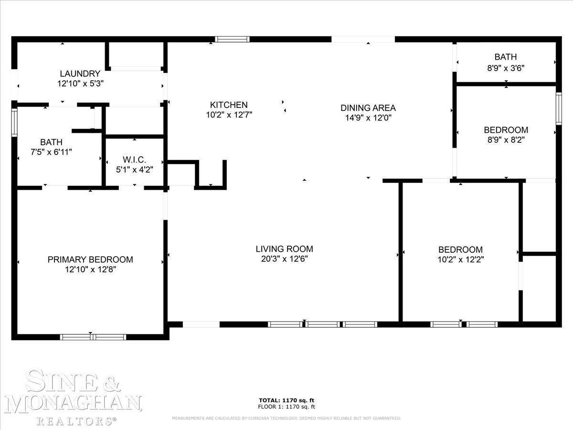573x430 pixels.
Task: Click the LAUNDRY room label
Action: [x=80, y=74]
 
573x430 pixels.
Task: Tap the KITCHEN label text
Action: [x=229, y=105]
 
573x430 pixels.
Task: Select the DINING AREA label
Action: [x=368, y=108]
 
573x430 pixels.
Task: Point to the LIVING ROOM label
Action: [x=284, y=249]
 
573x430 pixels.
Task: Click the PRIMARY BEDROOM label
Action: [x=90, y=259]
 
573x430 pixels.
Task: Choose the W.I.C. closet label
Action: [x=134, y=160]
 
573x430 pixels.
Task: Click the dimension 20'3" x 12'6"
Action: [x=285, y=259]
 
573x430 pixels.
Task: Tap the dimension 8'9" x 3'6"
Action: [x=506, y=68]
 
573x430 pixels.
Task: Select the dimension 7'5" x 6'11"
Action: [x=51, y=152]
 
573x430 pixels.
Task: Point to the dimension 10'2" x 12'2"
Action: [x=461, y=259]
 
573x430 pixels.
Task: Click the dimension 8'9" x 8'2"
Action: [x=506, y=140]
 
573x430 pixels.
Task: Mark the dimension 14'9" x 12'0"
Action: [x=368, y=118]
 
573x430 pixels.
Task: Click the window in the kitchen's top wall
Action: [x=233, y=40]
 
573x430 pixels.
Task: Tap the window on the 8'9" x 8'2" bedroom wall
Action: [x=558, y=108]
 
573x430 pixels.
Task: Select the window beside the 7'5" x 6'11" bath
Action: [x=14, y=122]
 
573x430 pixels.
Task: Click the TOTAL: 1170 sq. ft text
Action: [x=286, y=400]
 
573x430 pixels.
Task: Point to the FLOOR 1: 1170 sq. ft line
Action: [x=286, y=407]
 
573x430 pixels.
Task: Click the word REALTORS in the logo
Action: [x=76, y=421]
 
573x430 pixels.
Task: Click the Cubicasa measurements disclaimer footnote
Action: [x=286, y=418]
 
